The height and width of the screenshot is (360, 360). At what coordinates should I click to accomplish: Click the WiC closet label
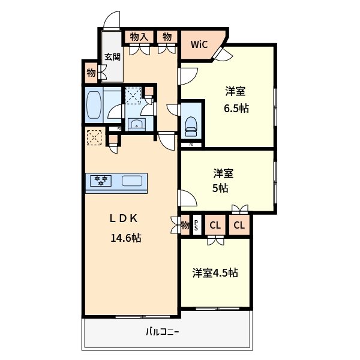tap(199, 44)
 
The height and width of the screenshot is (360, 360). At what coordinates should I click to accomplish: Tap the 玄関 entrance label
tap(113, 57)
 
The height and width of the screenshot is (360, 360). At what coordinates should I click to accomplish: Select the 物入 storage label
tap(139, 37)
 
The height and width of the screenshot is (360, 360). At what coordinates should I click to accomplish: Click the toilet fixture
tap(191, 127)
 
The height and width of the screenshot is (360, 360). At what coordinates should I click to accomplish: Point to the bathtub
tap(94, 105)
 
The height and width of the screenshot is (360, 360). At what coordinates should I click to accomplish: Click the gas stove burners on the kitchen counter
tap(101, 181)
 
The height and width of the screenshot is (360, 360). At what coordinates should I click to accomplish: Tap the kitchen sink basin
tap(132, 181)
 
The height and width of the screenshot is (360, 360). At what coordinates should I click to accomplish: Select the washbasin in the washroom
tap(137, 124)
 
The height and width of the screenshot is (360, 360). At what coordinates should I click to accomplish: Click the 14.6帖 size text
tap(126, 238)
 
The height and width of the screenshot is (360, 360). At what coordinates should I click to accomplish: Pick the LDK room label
tap(124, 218)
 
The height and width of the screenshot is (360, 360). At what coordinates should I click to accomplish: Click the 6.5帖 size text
tap(236, 108)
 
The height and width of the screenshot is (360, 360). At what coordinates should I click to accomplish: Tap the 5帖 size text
tap(220, 188)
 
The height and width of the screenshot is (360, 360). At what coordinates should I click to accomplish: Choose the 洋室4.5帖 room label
tap(215, 273)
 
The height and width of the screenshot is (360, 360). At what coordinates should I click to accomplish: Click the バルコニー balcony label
tap(163, 332)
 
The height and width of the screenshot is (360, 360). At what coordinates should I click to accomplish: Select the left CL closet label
tap(215, 226)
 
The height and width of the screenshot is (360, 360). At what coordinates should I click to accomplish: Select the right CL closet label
tap(239, 225)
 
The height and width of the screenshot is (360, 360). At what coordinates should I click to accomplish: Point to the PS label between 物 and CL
tap(196, 225)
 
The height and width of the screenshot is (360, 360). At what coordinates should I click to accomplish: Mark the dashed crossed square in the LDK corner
tap(94, 137)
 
